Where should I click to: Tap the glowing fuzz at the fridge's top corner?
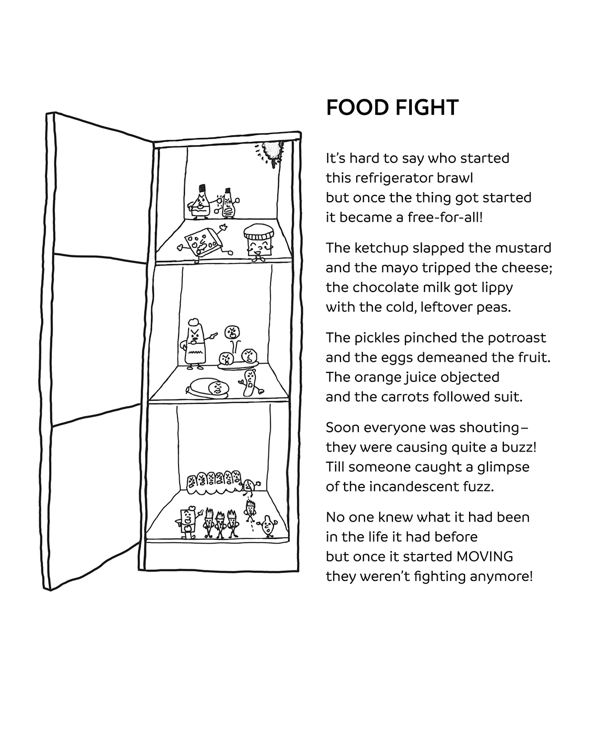coord(274,152)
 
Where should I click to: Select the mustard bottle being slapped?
coord(228,204)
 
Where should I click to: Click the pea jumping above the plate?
coord(232,332)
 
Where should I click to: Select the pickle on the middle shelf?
coord(249,382)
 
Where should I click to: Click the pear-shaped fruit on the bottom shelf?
coord(268,527)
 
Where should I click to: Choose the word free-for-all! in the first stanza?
coord(444,217)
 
